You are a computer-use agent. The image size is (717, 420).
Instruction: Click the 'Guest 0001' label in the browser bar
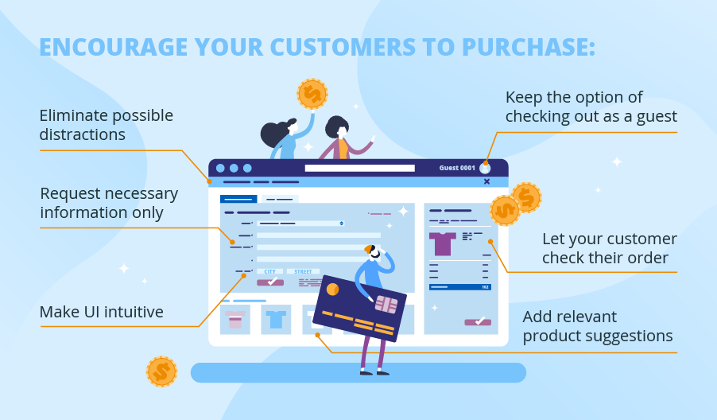pyautogui.click(x=457, y=168)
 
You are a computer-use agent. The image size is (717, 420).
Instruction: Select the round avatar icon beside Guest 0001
pyautogui.click(x=485, y=168)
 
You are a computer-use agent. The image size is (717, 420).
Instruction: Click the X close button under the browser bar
pyautogui.click(x=486, y=181)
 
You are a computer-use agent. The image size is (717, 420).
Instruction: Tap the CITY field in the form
pyautogui.click(x=269, y=271)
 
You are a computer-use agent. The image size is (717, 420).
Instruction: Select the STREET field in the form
pyautogui.click(x=303, y=271)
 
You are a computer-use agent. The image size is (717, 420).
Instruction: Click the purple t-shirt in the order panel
pyautogui.click(x=443, y=243)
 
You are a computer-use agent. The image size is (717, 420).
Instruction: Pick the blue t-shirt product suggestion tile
pyautogui.click(x=276, y=319)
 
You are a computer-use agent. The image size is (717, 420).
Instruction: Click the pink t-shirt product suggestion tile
pyautogui.click(x=234, y=319)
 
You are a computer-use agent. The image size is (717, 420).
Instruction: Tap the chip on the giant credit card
pyautogui.click(x=386, y=303)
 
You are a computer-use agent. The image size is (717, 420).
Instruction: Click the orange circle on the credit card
pyautogui.click(x=332, y=289)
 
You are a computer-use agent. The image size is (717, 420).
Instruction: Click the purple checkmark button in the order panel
pyautogui.click(x=478, y=321)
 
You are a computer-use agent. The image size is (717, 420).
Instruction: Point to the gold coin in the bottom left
pyautogui.click(x=161, y=371)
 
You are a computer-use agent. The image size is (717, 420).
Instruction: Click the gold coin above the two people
pyautogui.click(x=312, y=94)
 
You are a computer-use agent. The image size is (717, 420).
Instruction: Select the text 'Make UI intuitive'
pyautogui.click(x=101, y=312)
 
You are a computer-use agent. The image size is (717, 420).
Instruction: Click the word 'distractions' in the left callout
pyautogui.click(x=82, y=134)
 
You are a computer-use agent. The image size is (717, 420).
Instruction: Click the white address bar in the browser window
pyautogui.click(x=359, y=168)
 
